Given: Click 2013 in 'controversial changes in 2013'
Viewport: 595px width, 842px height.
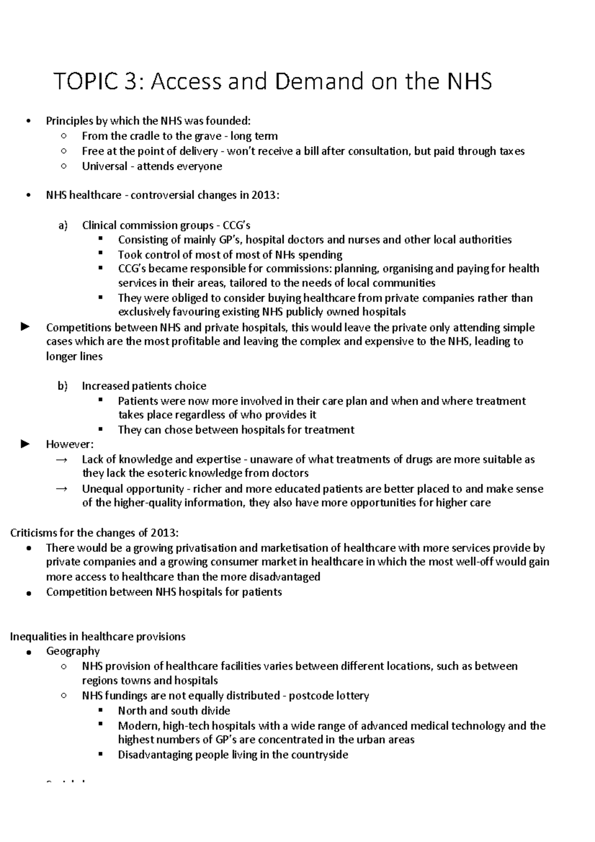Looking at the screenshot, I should [x=265, y=195].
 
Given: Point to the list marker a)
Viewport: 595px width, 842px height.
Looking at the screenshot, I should [x=62, y=226].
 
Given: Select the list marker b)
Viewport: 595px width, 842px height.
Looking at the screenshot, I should [x=62, y=386].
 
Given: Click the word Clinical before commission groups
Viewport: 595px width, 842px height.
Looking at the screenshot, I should [x=99, y=226].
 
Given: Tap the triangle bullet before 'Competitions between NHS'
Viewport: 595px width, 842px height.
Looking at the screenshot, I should [x=25, y=327].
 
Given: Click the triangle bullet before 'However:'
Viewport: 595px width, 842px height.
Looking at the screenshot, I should [x=25, y=444].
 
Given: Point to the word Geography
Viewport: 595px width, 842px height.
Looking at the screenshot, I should [x=73, y=651].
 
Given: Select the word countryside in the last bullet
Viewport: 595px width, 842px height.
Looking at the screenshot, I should [x=322, y=755].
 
